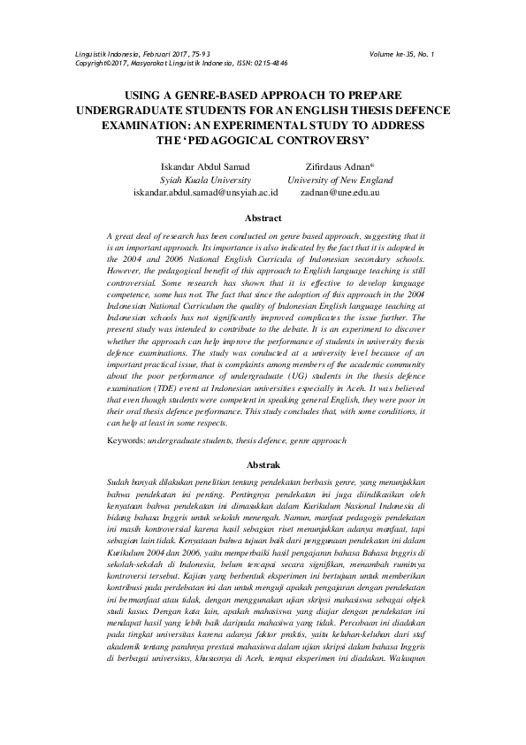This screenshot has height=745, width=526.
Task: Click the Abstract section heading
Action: [x=263, y=218]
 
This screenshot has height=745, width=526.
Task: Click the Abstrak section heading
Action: [x=263, y=464]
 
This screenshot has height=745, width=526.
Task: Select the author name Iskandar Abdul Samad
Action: [x=205, y=166]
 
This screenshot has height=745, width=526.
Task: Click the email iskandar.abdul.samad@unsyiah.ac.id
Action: [x=205, y=191]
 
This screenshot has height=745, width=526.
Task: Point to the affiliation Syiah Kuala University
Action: [x=205, y=179]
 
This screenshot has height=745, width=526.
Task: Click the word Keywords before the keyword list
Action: [x=125, y=440]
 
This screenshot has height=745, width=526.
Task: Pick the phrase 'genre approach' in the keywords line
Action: [x=318, y=440]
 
